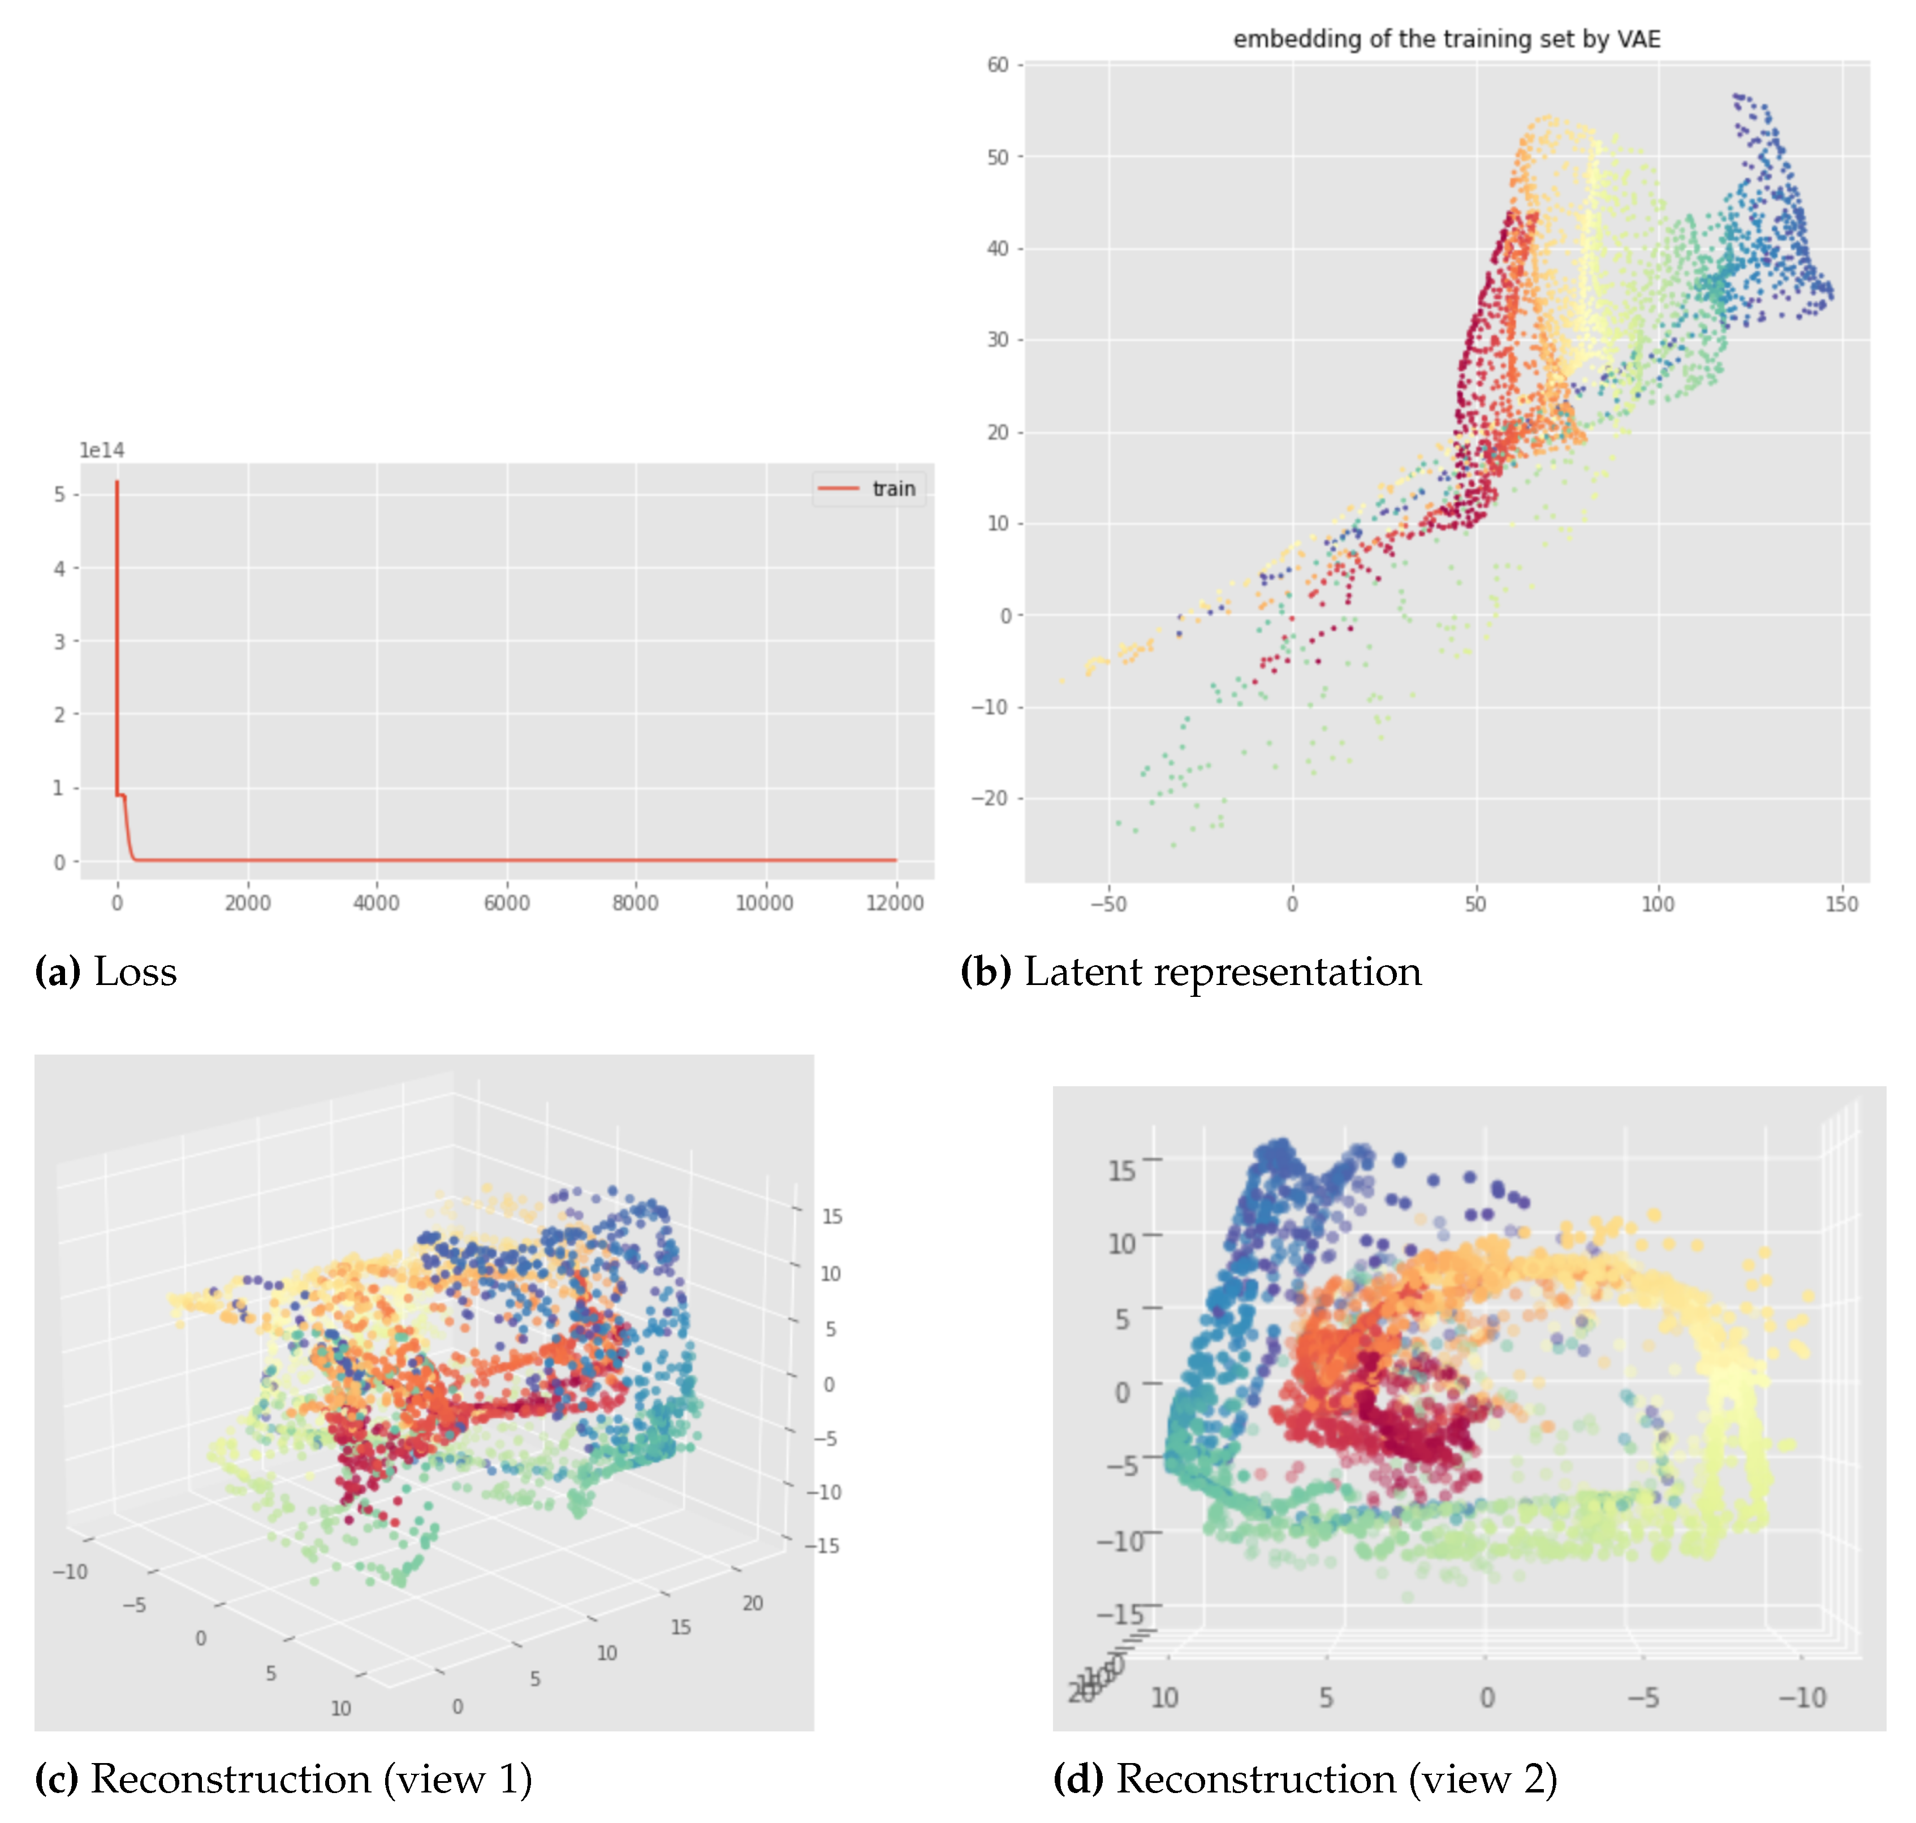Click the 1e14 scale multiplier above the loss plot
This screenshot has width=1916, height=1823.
[101, 450]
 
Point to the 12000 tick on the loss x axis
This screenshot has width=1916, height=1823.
[894, 903]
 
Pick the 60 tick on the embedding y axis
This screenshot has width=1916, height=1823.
[998, 65]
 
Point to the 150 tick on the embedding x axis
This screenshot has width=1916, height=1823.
[1840, 904]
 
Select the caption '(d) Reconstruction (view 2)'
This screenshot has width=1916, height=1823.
[1305, 1778]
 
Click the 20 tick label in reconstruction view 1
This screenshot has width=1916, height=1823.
[752, 1604]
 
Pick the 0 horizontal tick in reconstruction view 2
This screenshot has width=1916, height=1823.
[1486, 1697]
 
